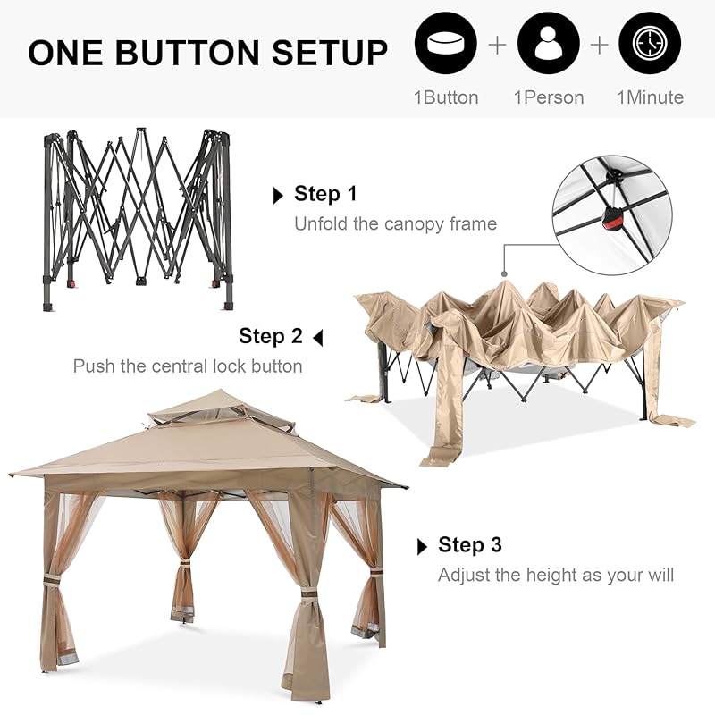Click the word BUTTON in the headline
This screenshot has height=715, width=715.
[x=187, y=52]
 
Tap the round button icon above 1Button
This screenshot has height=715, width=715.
[x=445, y=44]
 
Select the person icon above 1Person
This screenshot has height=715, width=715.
[x=548, y=44]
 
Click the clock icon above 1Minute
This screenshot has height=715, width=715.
[x=650, y=44]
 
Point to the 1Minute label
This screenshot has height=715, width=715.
[x=651, y=97]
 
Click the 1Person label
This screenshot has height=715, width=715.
[x=549, y=97]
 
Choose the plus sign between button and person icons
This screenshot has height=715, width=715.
[x=497, y=45]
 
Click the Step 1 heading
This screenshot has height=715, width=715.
[x=325, y=193]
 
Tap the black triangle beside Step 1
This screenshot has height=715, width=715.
[x=278, y=196]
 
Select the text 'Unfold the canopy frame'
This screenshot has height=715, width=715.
[x=395, y=224]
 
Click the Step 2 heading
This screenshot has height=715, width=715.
[x=271, y=336]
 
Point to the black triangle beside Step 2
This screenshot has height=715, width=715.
[x=318, y=338]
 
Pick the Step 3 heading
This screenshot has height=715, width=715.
[x=470, y=544]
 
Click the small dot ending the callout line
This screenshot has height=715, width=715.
[x=504, y=274]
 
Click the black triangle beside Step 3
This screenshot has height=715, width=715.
[x=422, y=547]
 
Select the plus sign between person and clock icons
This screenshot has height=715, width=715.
[x=599, y=45]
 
